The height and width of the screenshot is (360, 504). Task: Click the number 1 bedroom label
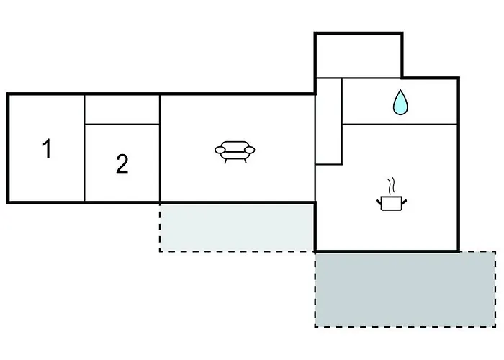pos(48,148)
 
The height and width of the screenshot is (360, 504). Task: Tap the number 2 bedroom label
pos(122,163)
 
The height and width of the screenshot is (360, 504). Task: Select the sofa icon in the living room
pos(235,152)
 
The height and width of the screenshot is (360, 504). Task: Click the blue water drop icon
pos(400,102)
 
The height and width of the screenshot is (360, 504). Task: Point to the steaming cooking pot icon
pos(392,195)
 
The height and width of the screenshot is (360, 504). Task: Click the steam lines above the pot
pos(391,186)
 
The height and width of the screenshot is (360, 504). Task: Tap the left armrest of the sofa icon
pos(220,150)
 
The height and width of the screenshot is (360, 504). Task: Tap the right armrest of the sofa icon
pos(250,150)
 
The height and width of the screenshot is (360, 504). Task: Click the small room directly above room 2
pos(122,109)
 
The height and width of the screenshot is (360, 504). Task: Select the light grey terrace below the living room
pos(237,228)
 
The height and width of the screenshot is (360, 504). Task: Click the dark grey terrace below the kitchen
pos(405,289)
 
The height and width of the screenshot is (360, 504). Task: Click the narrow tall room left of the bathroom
pos(329,121)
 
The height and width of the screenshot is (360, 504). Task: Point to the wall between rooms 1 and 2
pos(84,148)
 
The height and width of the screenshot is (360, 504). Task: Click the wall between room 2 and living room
pos(160,148)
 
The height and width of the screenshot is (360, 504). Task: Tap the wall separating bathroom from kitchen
pos(400,124)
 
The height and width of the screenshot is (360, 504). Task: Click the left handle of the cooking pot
pos(379,202)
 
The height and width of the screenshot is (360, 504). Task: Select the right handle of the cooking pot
pos(405,202)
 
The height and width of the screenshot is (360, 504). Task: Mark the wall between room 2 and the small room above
pos(122,124)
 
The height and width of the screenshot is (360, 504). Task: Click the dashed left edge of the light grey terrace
pos(160,228)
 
